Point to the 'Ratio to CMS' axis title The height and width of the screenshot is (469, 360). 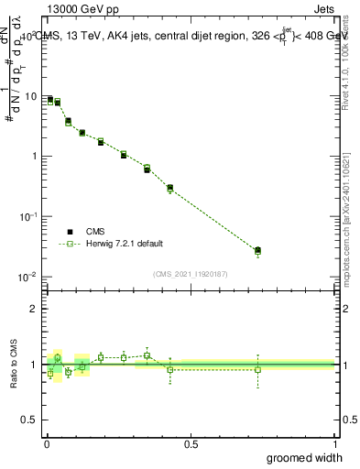click(x=15, y=364)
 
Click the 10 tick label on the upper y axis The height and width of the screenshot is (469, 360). click(x=33, y=96)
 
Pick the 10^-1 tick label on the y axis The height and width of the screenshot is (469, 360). click(x=30, y=215)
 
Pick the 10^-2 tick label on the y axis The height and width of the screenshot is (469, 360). click(x=30, y=276)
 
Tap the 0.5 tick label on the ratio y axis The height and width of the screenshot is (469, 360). click(x=31, y=420)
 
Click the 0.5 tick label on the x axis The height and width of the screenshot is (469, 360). click(x=191, y=444)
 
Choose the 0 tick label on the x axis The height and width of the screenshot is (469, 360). click(x=47, y=444)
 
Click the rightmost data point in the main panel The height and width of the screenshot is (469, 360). click(x=258, y=250)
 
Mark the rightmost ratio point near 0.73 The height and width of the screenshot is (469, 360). click(x=258, y=370)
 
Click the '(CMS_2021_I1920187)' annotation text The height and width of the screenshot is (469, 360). click(x=191, y=274)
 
